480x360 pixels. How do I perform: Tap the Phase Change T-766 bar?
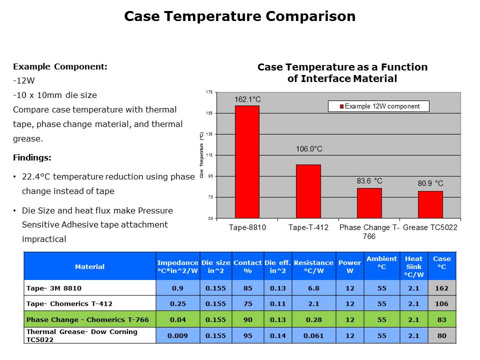pyautogui.click(x=369, y=203)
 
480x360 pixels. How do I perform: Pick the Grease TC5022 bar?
pyautogui.click(x=430, y=204)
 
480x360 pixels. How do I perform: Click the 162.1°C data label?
pyautogui.click(x=247, y=100)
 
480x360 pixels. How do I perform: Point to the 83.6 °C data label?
pyautogui.click(x=369, y=181)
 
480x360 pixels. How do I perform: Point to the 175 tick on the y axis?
pyautogui.click(x=209, y=92)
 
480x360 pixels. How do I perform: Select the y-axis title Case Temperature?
pyautogui.click(x=201, y=155)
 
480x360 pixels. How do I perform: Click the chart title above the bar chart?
pyautogui.click(x=342, y=72)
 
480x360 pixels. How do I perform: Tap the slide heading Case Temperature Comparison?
pyautogui.click(x=240, y=16)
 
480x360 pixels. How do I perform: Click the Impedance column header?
pyautogui.click(x=177, y=266)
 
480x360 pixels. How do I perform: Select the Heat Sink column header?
pyautogui.click(x=413, y=266)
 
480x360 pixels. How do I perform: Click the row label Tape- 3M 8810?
pyautogui.click(x=53, y=288)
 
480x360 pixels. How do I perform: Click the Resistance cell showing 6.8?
pyautogui.click(x=313, y=288)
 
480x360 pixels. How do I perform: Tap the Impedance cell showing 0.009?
pyautogui.click(x=177, y=335)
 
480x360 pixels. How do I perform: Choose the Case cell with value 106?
pyautogui.click(x=442, y=303)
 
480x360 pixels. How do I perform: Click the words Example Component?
pyautogui.click(x=60, y=66)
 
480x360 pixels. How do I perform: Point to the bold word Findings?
pyautogui.click(x=32, y=157)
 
